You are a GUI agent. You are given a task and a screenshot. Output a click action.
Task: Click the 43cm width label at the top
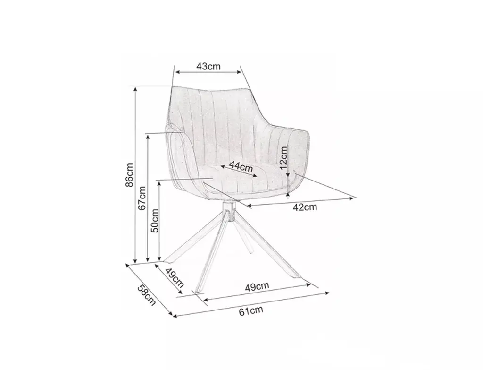click(208, 66)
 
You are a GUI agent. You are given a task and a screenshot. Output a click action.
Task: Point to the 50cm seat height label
click(154, 220)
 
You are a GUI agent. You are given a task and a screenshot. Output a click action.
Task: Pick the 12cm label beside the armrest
click(283, 157)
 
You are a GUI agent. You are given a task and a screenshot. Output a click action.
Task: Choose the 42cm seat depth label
click(305, 207)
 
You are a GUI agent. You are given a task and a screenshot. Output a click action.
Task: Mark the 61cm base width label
click(250, 310)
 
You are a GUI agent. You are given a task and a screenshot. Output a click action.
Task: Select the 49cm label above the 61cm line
click(257, 285)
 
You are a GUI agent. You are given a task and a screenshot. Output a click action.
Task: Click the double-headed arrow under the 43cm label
click(208, 72)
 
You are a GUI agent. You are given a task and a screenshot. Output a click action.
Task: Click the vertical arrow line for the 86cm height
click(136, 174)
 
